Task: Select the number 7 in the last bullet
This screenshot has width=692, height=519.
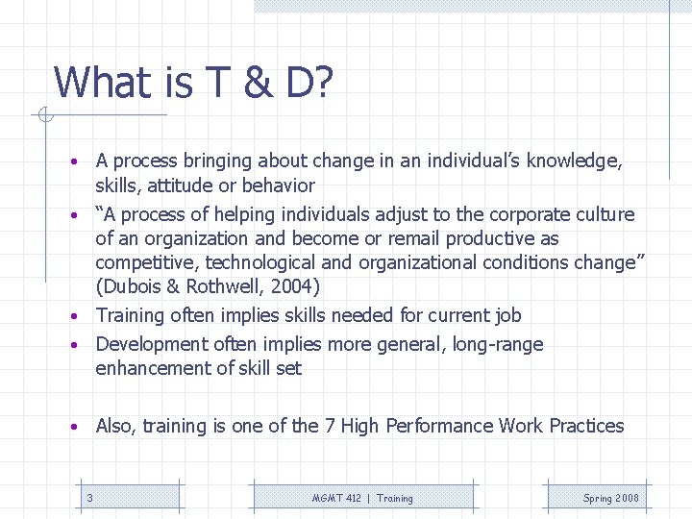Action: [x=330, y=426]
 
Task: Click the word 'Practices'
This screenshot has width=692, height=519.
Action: [x=586, y=426]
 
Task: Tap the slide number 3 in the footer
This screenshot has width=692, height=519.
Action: [x=89, y=498]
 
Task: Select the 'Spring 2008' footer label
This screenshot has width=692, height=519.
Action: [x=610, y=498]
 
